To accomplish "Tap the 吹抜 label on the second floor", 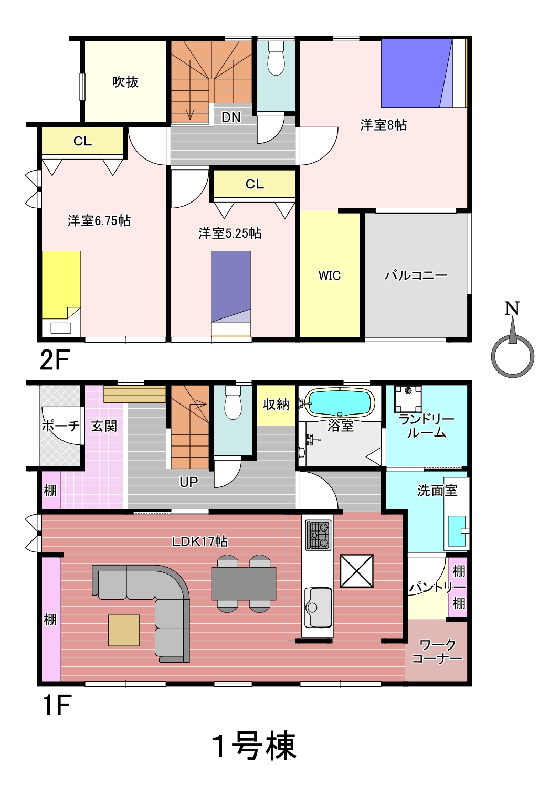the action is click(x=125, y=82).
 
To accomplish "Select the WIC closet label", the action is click(x=329, y=275).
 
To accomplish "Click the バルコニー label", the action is click(x=416, y=275).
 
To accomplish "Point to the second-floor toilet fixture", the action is click(x=276, y=58).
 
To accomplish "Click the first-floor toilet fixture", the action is click(x=233, y=402).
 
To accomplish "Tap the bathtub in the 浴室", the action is click(x=341, y=402).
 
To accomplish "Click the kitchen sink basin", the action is click(x=318, y=608).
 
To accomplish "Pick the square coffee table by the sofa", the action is click(x=124, y=630).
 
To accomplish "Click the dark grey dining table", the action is click(x=244, y=584).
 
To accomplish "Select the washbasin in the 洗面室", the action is click(x=457, y=530).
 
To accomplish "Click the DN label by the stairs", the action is click(x=231, y=118).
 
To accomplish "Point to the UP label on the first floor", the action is click(x=189, y=482).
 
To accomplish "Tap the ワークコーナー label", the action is click(x=437, y=651).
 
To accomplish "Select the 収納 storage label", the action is click(x=276, y=404).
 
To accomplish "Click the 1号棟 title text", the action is click(x=254, y=746).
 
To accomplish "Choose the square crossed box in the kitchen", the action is click(x=357, y=571).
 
